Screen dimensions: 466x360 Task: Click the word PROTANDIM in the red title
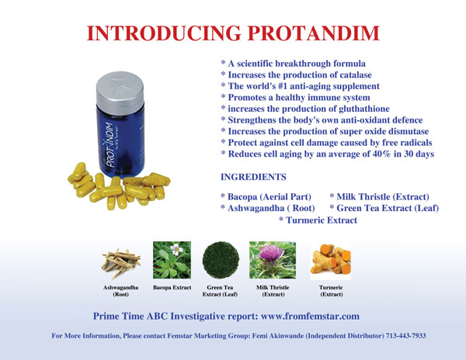pyautogui.click(x=314, y=33)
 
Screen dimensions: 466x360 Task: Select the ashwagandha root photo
pyautogui.click(x=120, y=262)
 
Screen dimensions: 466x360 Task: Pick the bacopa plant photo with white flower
pyautogui.click(x=172, y=260)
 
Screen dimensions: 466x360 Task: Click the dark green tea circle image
pyautogui.click(x=221, y=260)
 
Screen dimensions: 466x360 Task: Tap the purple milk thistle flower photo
pyautogui.click(x=273, y=260)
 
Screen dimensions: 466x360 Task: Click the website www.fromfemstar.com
pyautogui.click(x=310, y=316)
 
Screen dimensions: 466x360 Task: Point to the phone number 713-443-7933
pyautogui.click(x=405, y=336)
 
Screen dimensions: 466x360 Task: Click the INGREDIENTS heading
pyautogui.click(x=253, y=177)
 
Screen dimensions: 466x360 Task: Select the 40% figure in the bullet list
pyautogui.click(x=381, y=154)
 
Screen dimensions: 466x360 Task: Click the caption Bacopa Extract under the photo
pyautogui.click(x=172, y=287)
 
